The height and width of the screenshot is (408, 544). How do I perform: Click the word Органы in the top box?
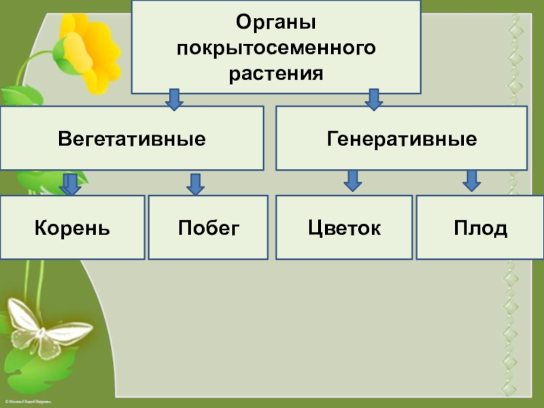pyautogui.click(x=275, y=22)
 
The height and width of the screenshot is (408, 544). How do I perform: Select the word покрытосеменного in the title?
pyautogui.click(x=275, y=48)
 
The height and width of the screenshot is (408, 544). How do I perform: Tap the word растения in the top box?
pyautogui.click(x=275, y=71)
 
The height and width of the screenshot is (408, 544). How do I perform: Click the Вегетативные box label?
pyautogui.click(x=132, y=139)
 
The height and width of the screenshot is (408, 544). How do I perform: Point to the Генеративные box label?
pyautogui.click(x=401, y=139)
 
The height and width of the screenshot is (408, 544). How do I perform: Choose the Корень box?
pyautogui.click(x=72, y=228)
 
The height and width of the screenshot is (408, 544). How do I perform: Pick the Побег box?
pyautogui.click(x=208, y=228)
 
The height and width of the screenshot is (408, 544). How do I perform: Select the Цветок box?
pyautogui.click(x=344, y=228)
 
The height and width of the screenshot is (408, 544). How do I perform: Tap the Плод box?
pyautogui.click(x=480, y=228)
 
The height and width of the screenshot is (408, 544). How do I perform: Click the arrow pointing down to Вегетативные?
pyautogui.click(x=175, y=99)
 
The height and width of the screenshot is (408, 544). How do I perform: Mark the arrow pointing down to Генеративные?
pyautogui.click(x=373, y=99)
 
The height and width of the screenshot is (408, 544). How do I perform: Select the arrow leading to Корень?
pyautogui.click(x=70, y=184)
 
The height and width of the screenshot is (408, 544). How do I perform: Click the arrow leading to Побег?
pyautogui.click(x=196, y=184)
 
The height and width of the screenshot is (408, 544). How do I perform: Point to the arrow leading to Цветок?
pyautogui.click(x=352, y=180)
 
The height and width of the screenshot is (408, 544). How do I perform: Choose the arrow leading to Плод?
pyautogui.click(x=472, y=180)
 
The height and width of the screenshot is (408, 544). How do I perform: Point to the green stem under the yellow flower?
pyautogui.click(x=31, y=68)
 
